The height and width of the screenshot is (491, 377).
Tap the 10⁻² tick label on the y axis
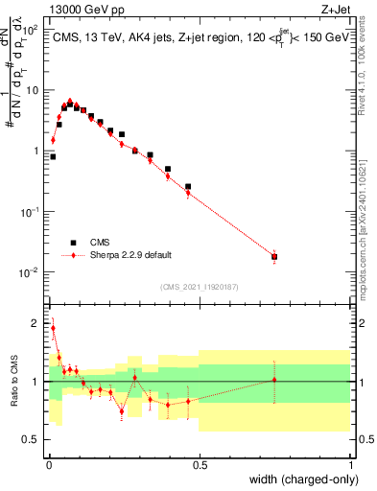coord(30,272)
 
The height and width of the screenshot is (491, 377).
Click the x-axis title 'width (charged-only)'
coord(301,479)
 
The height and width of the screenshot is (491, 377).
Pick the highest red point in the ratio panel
coord(53,328)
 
